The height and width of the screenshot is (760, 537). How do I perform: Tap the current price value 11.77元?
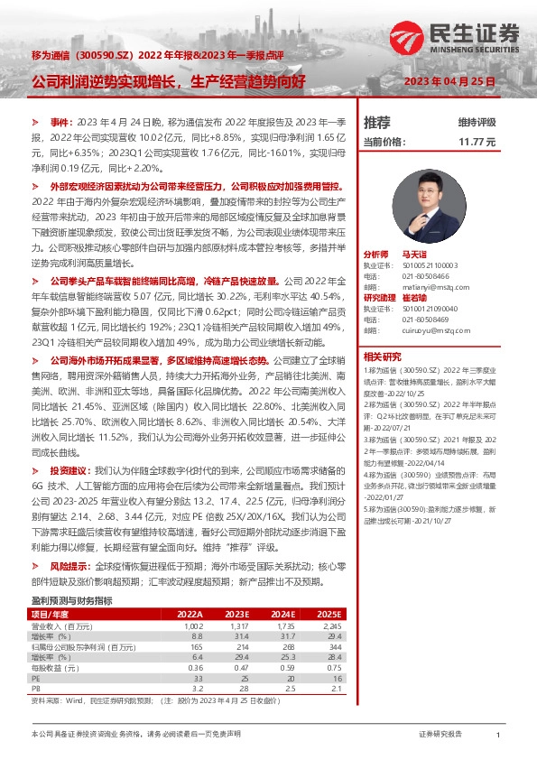coord(478,142)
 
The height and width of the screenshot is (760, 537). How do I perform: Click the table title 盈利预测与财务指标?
coord(71,600)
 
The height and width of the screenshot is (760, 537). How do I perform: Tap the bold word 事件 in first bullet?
coord(60,120)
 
